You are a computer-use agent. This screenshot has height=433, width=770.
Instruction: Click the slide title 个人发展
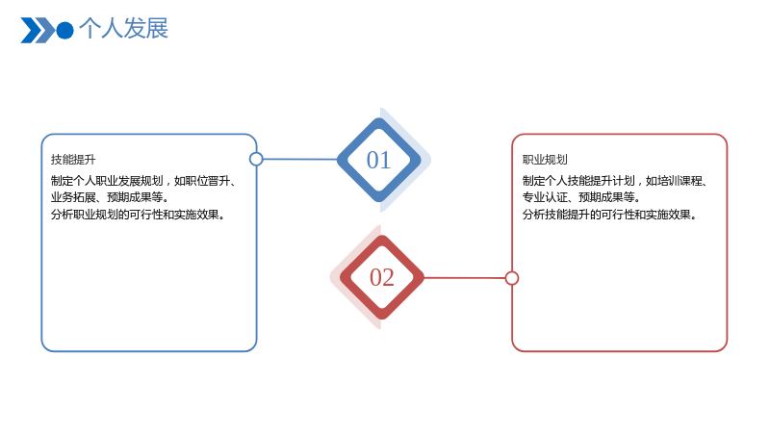tap(123, 29)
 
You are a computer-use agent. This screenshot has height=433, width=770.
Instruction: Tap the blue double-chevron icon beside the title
tap(38, 31)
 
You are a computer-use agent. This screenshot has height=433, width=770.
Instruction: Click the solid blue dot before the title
tap(64, 31)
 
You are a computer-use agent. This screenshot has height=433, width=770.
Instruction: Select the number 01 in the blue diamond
tap(378, 160)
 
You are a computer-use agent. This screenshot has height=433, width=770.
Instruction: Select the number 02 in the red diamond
tap(381, 277)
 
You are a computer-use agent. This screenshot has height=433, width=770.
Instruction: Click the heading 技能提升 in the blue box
tap(73, 160)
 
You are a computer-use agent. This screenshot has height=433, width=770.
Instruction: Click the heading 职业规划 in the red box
tap(545, 160)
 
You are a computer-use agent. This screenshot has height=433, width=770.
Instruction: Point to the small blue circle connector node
tap(256, 159)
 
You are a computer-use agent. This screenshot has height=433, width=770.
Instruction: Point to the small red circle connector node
tap(512, 278)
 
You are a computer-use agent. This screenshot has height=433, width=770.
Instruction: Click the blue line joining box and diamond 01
tap(300, 159)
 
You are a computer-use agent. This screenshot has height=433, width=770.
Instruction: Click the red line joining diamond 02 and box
tap(464, 278)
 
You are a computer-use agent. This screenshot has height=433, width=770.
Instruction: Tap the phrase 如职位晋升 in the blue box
tap(202, 181)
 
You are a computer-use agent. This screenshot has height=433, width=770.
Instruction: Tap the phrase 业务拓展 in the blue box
tap(73, 197)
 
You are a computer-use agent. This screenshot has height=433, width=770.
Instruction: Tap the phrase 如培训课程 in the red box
tap(674, 181)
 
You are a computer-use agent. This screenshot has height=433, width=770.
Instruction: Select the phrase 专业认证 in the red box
tap(545, 197)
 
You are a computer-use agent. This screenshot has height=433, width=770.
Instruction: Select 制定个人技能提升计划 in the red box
tap(578, 181)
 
